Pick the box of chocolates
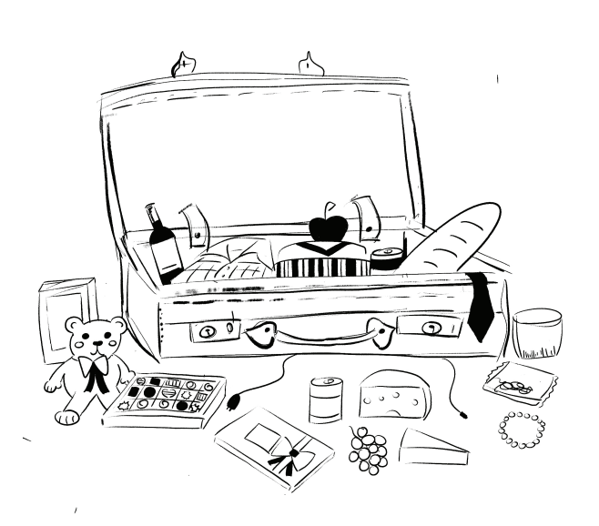[x=165, y=399]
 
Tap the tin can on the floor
[x=324, y=400]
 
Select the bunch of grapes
[x=369, y=449]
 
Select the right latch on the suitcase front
[x=427, y=327]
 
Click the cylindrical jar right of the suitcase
[x=536, y=333]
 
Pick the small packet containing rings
[x=520, y=383]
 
